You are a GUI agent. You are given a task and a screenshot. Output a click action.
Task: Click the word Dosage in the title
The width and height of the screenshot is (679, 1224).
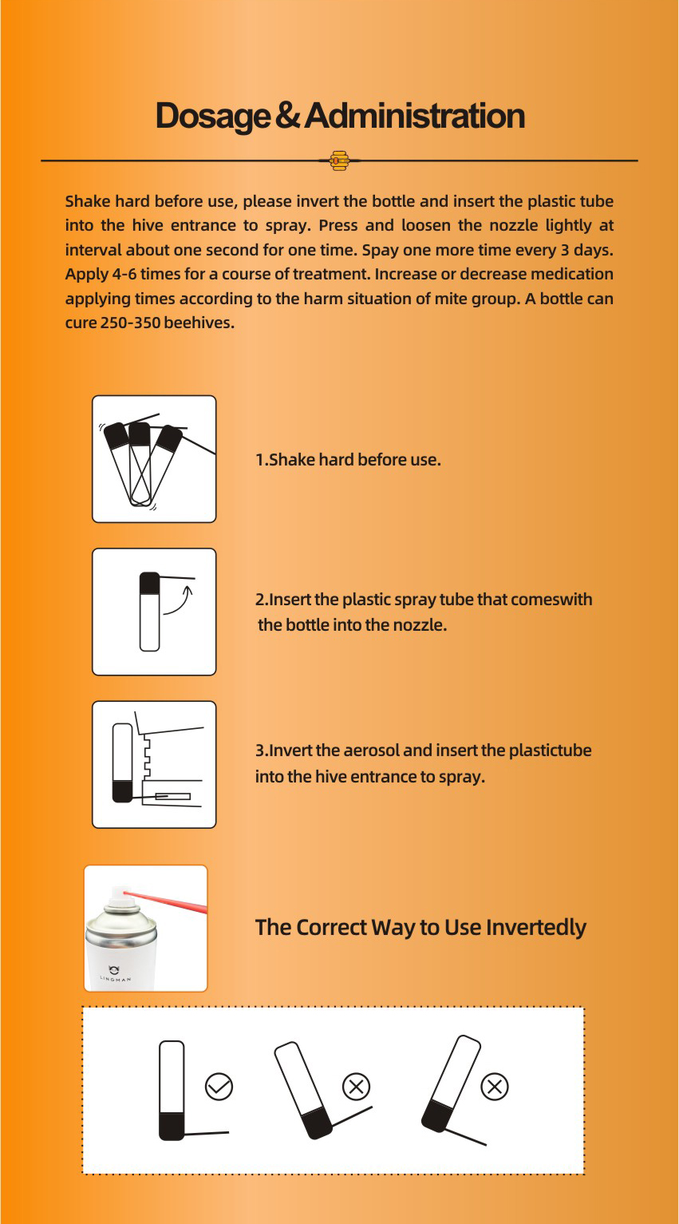click(212, 117)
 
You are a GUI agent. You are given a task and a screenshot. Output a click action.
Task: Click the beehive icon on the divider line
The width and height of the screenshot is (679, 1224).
click(339, 160)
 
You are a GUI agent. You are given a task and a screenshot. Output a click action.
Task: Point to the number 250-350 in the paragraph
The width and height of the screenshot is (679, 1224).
click(131, 323)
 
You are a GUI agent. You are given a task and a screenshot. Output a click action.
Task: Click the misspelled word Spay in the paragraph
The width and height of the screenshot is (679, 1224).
click(377, 251)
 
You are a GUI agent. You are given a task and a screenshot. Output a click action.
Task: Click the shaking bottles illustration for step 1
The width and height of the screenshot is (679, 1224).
click(154, 459)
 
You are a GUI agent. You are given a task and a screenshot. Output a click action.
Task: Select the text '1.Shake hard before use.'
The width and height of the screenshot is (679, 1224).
click(348, 460)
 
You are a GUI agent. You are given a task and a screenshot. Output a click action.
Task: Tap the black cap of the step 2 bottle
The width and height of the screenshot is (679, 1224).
click(150, 583)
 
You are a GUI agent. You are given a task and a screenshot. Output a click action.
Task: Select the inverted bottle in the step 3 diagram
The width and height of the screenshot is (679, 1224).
click(122, 763)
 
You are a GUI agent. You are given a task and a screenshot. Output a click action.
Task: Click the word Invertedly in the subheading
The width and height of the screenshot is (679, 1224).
click(536, 928)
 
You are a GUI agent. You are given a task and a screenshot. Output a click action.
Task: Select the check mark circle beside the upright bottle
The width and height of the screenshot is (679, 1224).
click(219, 1087)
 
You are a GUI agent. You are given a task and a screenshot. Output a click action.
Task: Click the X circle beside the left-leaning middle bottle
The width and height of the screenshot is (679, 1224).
click(356, 1087)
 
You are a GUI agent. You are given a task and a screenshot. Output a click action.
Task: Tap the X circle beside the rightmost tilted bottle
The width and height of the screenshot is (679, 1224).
click(495, 1087)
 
